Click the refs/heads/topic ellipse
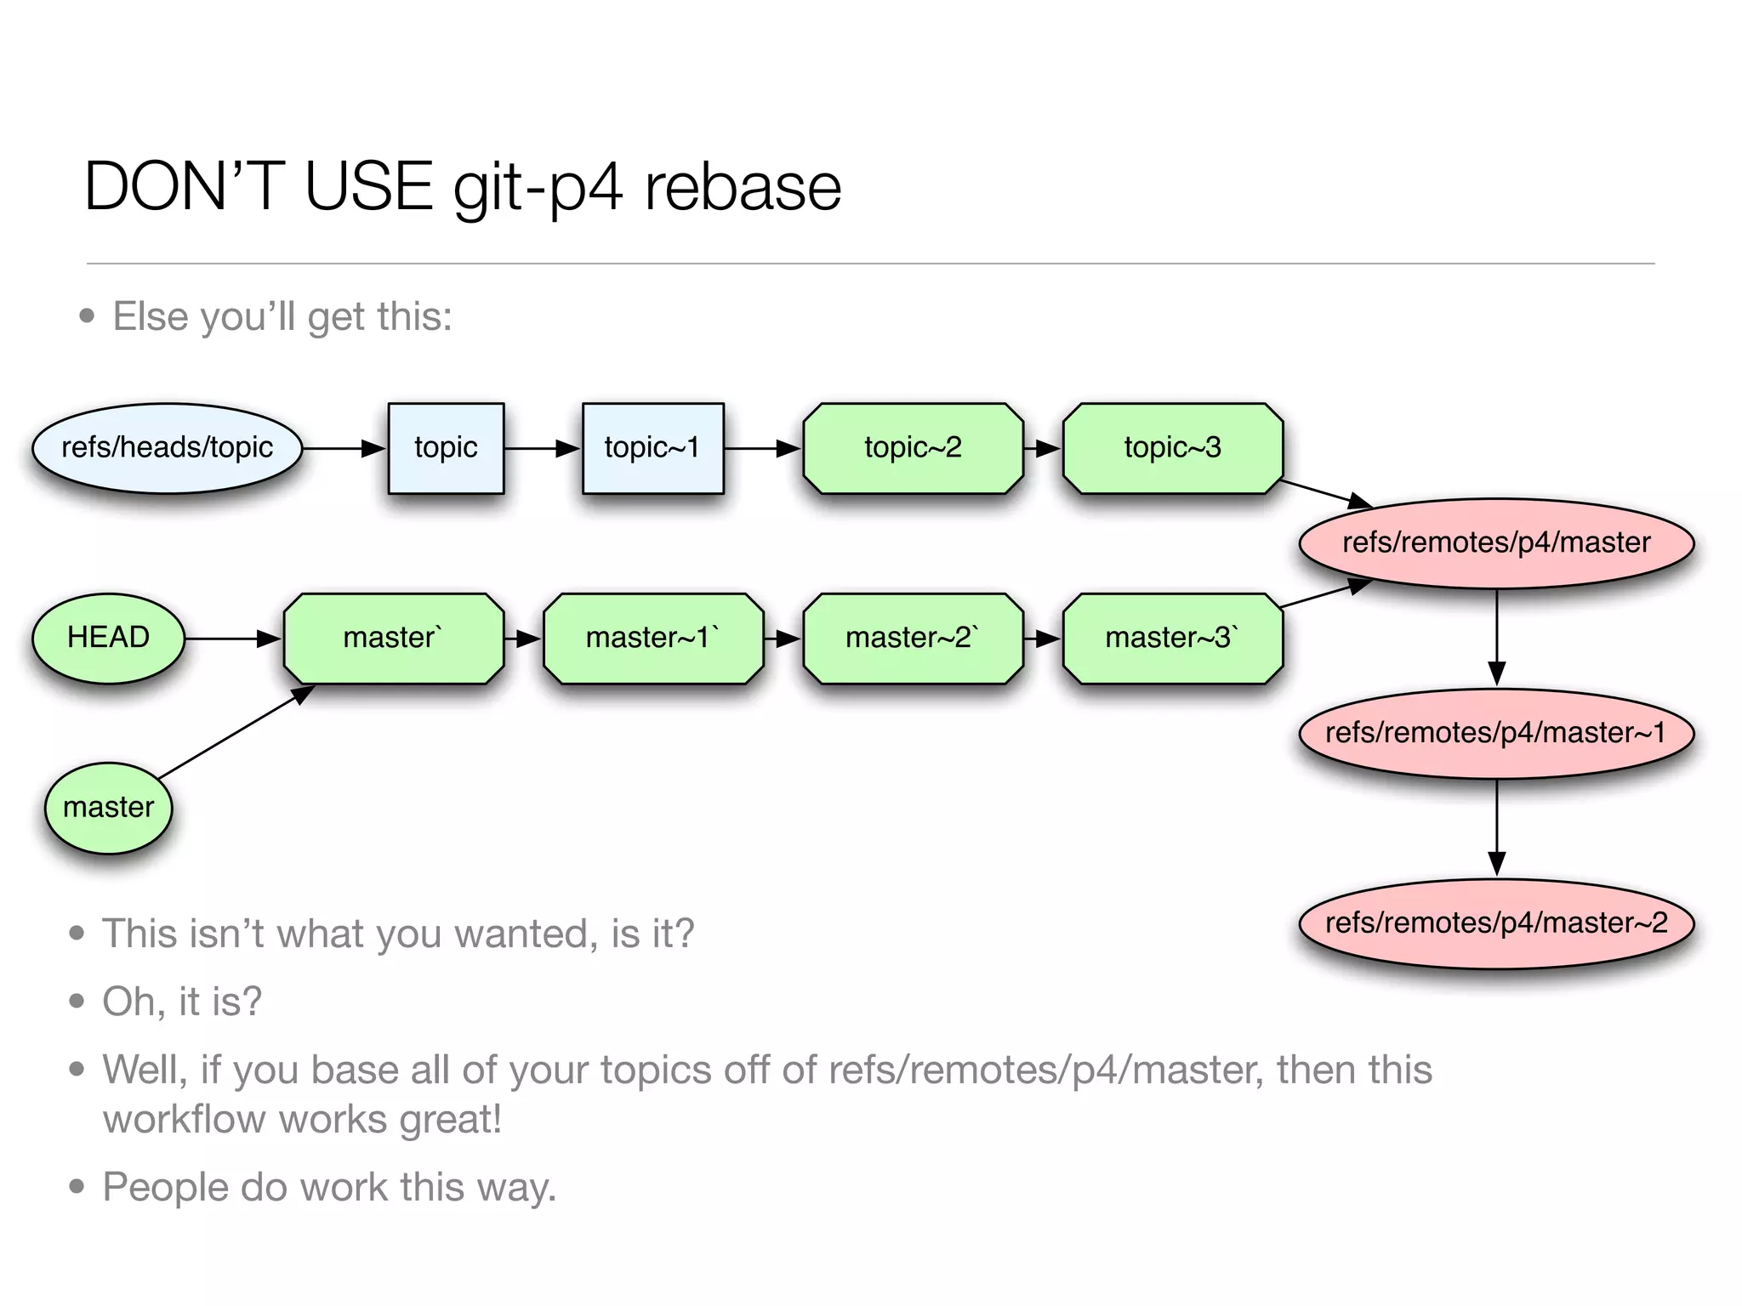(167, 448)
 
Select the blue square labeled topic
(446, 448)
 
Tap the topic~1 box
(652, 448)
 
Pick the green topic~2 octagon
(913, 448)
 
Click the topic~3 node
(1172, 448)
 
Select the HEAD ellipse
(108, 638)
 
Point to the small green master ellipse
(108, 807)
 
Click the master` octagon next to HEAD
(393, 638)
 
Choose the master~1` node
(652, 638)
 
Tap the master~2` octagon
(913, 638)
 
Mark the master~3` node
(1172, 638)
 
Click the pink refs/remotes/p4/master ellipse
(1496, 542)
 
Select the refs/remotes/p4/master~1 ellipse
(1496, 733)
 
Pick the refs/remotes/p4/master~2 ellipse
(1496, 923)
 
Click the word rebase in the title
(742, 187)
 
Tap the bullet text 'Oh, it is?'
(182, 1002)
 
